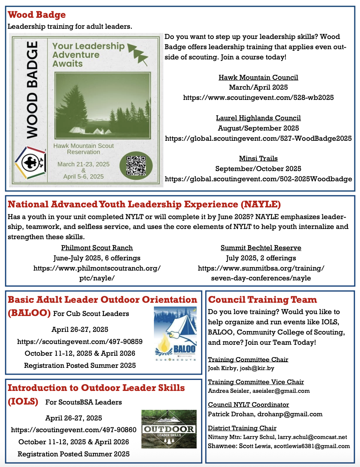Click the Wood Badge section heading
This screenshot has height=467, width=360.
(x=37, y=15)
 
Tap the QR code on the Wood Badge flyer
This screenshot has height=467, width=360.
(x=136, y=165)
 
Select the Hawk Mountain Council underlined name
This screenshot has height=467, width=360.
(x=258, y=78)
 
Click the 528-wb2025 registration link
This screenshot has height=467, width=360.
(x=258, y=98)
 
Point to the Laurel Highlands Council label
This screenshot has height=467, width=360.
(x=258, y=118)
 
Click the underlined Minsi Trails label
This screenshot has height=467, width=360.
(x=258, y=159)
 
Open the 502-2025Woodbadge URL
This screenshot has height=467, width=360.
(x=258, y=179)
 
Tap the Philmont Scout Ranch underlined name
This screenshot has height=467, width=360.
(x=97, y=248)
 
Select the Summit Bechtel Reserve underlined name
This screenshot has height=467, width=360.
(x=261, y=248)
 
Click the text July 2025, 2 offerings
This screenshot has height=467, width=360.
(x=261, y=258)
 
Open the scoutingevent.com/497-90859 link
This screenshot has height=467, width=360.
(x=80, y=341)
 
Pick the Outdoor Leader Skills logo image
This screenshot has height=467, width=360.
(x=169, y=429)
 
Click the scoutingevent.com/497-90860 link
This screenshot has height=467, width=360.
(x=74, y=430)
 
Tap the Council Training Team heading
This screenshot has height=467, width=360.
(x=262, y=300)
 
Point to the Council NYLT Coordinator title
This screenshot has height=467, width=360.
(x=248, y=405)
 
